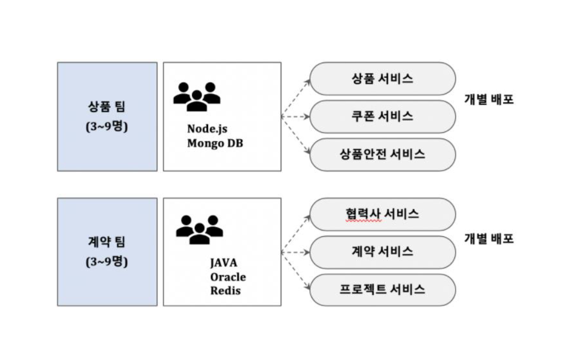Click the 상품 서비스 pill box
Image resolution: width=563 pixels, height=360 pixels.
(x=382, y=78)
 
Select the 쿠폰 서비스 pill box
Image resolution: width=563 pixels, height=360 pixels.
(x=382, y=116)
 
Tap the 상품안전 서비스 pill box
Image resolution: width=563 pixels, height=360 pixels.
(x=382, y=155)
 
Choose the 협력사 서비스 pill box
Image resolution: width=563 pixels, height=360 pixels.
(x=382, y=214)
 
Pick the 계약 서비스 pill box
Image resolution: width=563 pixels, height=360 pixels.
(x=382, y=252)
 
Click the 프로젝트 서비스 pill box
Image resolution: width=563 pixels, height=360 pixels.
(x=382, y=290)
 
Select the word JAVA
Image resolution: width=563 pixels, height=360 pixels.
(x=223, y=263)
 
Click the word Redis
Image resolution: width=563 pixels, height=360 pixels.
(x=225, y=291)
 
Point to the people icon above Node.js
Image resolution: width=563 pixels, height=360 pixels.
(x=197, y=96)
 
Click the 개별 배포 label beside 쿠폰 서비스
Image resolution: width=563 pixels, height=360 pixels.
(x=488, y=100)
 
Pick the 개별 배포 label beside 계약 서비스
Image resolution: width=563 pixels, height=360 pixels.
(x=488, y=238)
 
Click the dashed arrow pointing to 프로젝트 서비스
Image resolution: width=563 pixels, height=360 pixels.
(x=296, y=271)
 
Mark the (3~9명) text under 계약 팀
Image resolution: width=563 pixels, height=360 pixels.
(x=107, y=263)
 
